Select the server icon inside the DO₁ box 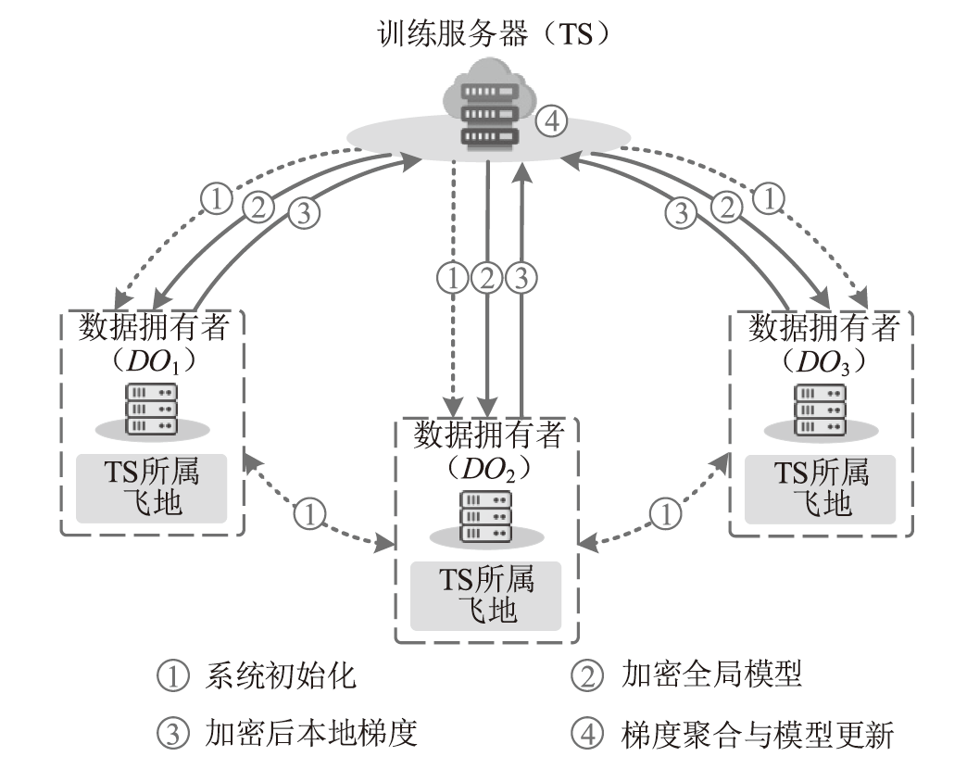pos(150,408)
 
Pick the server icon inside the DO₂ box pos(486,515)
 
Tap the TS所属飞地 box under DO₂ pos(486,596)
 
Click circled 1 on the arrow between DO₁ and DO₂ pos(311,513)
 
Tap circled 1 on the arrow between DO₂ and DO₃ pos(664,513)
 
